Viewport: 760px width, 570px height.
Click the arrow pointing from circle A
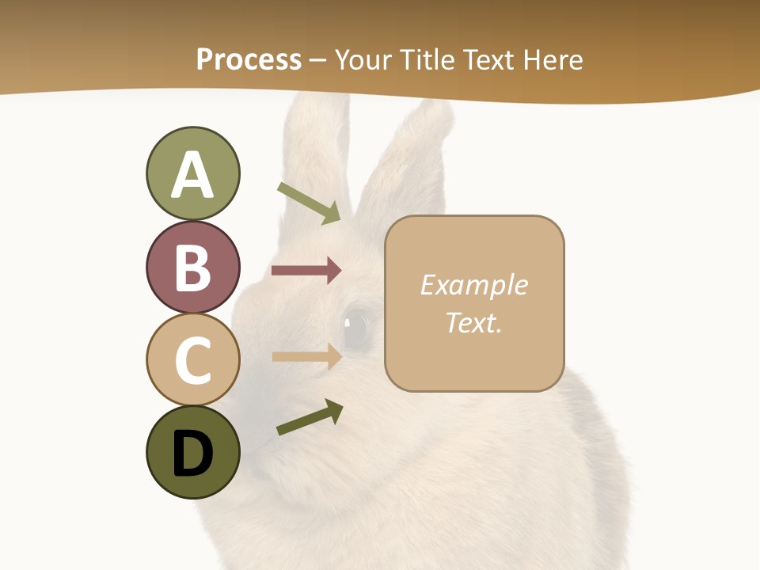pyautogui.click(x=309, y=203)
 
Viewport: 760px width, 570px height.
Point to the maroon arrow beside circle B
pyautogui.click(x=306, y=271)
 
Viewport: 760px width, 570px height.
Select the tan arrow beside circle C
pyautogui.click(x=306, y=356)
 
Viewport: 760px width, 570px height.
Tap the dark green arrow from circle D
pyautogui.click(x=309, y=417)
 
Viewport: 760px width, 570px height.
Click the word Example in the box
pyautogui.click(x=473, y=285)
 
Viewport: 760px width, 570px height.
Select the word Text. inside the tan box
pyautogui.click(x=473, y=322)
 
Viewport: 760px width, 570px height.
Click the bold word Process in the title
pyautogui.click(x=249, y=59)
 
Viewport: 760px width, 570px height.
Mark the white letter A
pyautogui.click(x=192, y=174)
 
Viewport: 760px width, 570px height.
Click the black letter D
pyautogui.click(x=192, y=453)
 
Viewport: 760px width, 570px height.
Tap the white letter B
pyautogui.click(x=192, y=268)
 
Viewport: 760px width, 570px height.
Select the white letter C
pyautogui.click(x=192, y=360)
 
